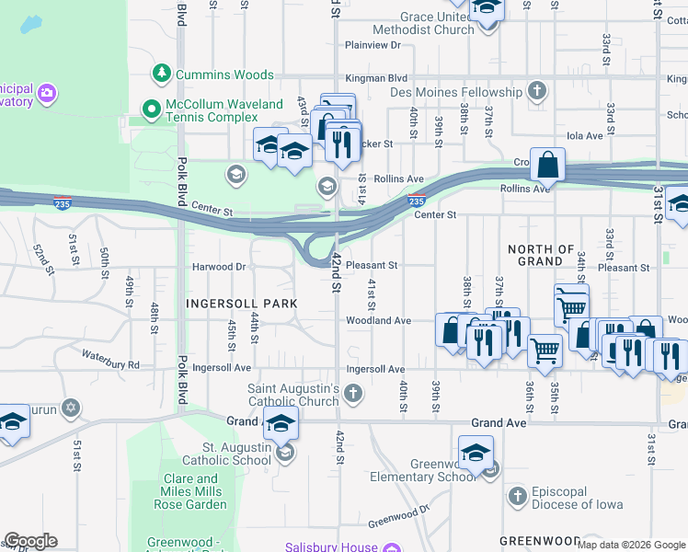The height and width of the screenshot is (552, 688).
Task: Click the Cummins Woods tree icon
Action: click(162, 73)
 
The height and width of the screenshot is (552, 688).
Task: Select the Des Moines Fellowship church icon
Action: click(537, 91)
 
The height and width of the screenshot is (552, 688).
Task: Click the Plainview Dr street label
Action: click(373, 44)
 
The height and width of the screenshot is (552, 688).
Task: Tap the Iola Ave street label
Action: click(584, 135)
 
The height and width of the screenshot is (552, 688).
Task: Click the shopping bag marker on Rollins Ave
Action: click(548, 166)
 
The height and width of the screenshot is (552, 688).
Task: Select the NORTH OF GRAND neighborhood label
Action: click(541, 255)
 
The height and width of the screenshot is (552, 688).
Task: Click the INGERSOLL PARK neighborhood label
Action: click(241, 303)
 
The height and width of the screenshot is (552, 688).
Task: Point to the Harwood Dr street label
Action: click(219, 267)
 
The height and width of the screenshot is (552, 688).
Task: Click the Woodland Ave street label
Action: click(377, 320)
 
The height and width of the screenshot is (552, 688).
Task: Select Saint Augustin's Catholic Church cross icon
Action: click(353, 395)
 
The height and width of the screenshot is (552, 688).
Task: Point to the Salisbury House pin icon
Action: click(393, 546)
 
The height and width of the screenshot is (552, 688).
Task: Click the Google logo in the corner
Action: click(29, 541)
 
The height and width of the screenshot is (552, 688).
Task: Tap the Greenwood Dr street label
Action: click(398, 516)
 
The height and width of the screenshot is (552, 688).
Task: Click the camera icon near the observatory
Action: click(47, 92)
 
